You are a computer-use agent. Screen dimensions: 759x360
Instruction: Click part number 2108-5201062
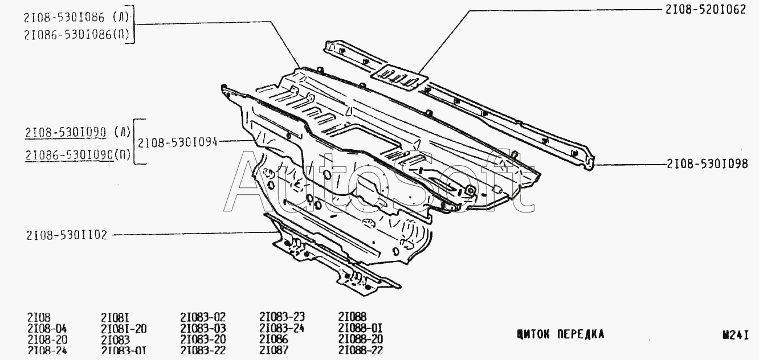click(705, 10)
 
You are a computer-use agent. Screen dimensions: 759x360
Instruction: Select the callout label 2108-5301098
click(707, 164)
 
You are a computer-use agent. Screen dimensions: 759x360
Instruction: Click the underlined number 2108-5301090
click(65, 133)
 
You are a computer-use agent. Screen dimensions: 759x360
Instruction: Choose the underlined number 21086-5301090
click(68, 155)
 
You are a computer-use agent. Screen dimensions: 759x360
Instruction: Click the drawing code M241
click(734, 336)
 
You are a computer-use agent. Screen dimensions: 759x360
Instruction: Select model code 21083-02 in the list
click(203, 317)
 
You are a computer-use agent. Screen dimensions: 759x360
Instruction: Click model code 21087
click(274, 350)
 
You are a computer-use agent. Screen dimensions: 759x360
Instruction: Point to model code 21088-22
click(360, 350)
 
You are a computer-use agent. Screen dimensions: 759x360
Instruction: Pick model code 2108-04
click(47, 328)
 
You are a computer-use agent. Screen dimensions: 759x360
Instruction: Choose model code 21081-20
click(124, 328)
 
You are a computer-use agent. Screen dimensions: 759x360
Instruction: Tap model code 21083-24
click(282, 328)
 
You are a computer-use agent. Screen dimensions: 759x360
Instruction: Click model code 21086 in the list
click(274, 339)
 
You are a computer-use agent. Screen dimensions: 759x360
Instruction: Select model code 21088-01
click(360, 328)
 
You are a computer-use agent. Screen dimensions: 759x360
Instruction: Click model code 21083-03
click(203, 328)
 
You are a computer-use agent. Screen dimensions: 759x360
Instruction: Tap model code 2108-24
click(47, 350)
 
